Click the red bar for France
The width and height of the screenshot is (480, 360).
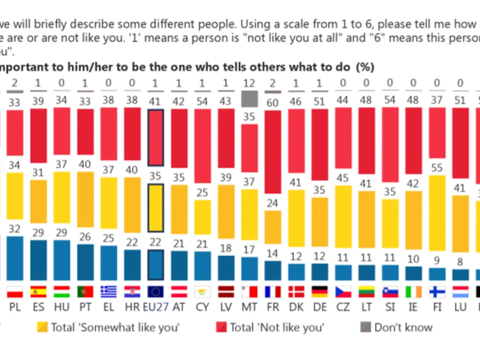pos(273,152)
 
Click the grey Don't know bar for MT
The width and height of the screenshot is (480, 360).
pos(249,98)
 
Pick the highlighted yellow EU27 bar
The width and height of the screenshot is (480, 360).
pos(155,208)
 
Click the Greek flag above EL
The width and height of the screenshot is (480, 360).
pos(108,292)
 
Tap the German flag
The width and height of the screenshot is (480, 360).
pos(320,292)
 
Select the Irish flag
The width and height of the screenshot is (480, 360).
pos(413,292)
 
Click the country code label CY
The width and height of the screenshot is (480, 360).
pos(202,307)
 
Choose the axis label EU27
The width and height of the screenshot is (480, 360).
pos(155,307)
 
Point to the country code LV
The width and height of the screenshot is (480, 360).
pos(226,307)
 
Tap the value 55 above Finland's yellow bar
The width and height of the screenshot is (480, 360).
pos(437,168)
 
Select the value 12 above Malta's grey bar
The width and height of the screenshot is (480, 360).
pos(249,84)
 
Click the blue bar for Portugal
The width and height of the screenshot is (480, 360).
pos(85,262)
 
